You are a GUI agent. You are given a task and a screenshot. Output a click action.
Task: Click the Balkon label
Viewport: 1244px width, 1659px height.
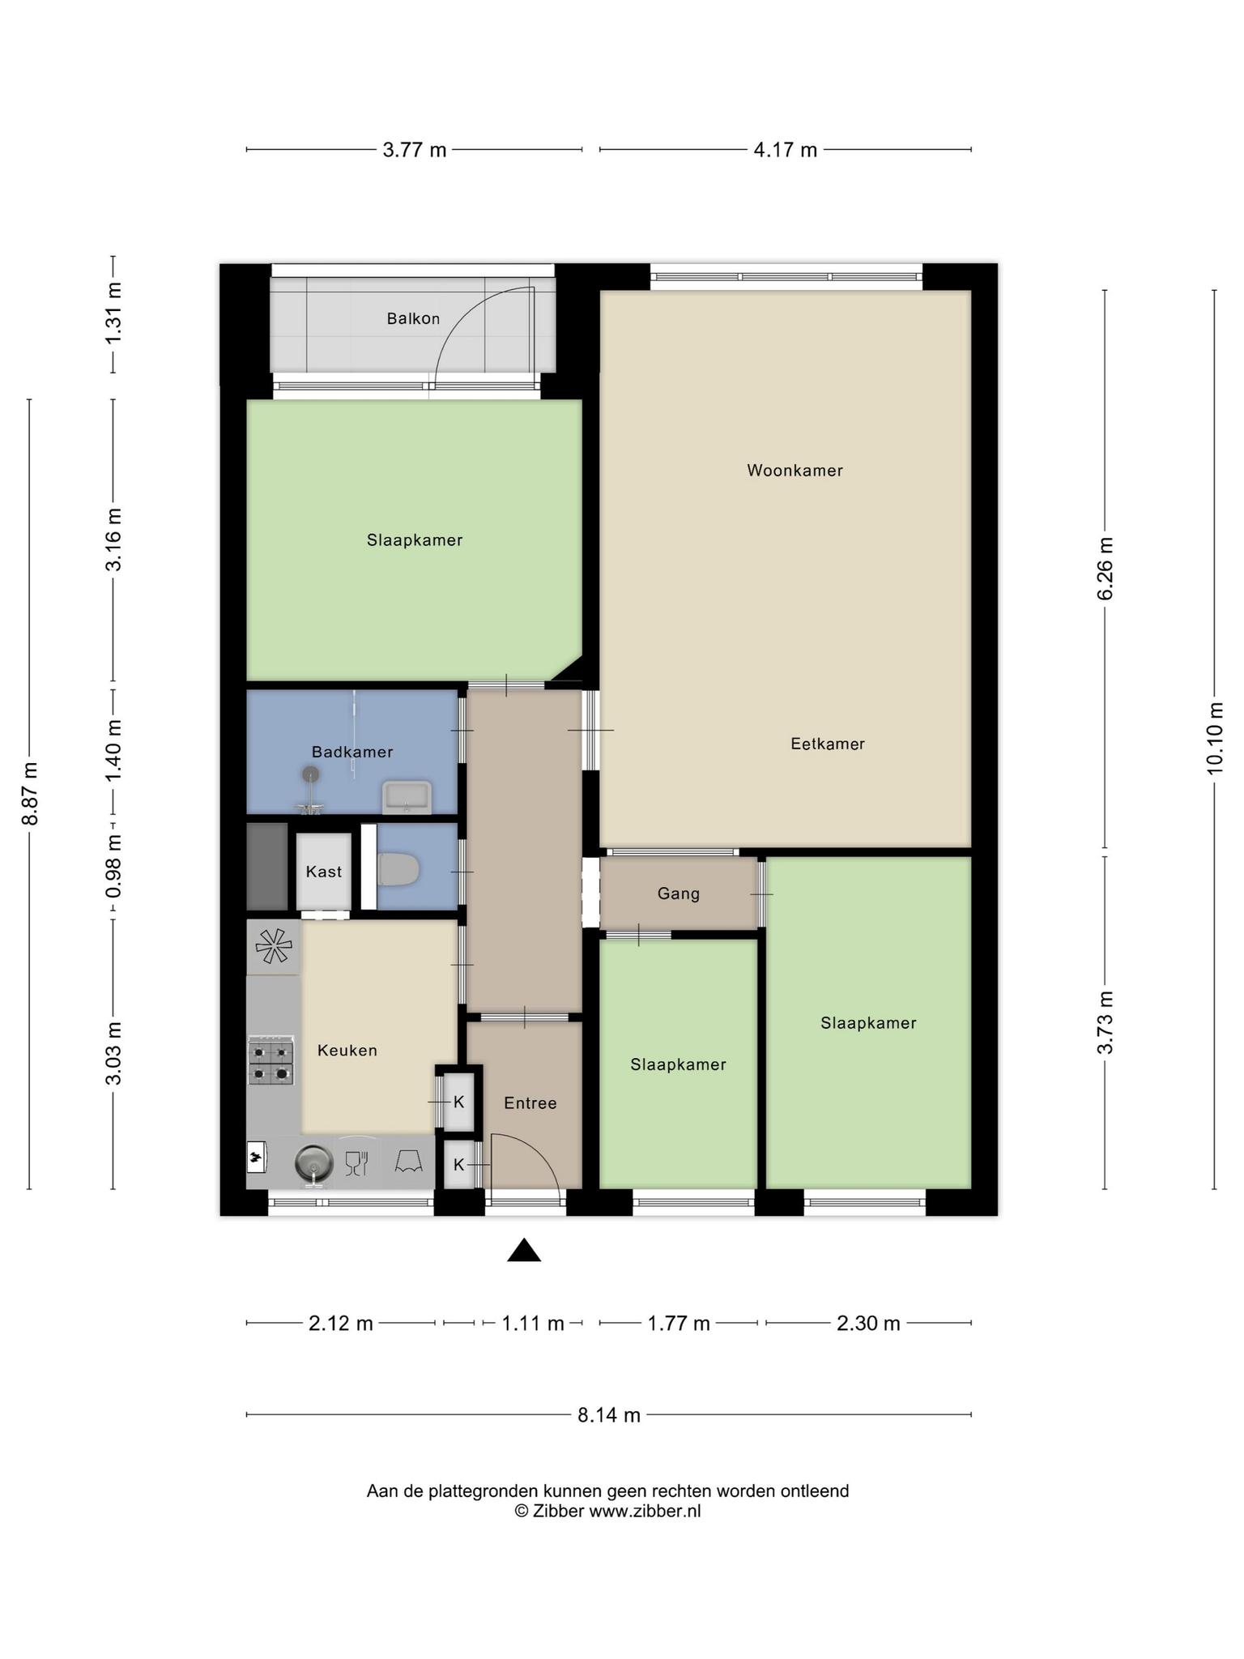click(413, 318)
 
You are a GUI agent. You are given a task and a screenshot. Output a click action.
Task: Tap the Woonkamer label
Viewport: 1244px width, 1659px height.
click(795, 471)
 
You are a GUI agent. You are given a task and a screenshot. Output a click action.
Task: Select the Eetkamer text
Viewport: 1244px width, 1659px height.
click(828, 744)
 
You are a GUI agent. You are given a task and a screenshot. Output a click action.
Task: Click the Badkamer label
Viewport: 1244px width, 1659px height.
click(352, 752)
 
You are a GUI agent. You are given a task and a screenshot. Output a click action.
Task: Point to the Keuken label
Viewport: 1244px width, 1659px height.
click(347, 1051)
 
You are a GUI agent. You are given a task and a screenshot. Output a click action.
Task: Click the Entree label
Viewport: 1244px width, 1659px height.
click(530, 1103)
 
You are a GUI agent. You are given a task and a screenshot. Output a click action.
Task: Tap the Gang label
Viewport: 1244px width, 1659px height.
click(679, 893)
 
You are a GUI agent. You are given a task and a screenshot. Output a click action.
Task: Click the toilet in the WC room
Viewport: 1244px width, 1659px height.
click(398, 869)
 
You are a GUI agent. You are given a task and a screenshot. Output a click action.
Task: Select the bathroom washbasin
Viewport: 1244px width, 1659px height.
click(407, 797)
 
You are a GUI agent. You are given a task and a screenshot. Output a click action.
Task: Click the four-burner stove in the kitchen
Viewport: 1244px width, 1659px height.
click(271, 1060)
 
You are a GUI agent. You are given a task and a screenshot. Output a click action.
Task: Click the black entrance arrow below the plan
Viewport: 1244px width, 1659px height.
click(524, 1251)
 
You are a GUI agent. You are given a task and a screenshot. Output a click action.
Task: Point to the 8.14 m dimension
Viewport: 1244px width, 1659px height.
click(609, 1415)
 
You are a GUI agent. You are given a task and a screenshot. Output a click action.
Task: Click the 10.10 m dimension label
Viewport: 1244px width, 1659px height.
click(1214, 738)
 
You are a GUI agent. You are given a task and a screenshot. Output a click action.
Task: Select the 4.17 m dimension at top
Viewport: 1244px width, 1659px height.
click(786, 150)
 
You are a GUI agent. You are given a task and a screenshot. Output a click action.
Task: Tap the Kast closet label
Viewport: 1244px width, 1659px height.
click(324, 872)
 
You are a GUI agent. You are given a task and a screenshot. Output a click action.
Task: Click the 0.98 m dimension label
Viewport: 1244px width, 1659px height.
click(113, 867)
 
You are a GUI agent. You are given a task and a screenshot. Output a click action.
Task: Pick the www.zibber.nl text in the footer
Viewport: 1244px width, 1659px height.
click(645, 1511)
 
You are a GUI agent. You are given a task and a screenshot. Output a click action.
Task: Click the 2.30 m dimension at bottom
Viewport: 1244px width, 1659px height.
click(868, 1324)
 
